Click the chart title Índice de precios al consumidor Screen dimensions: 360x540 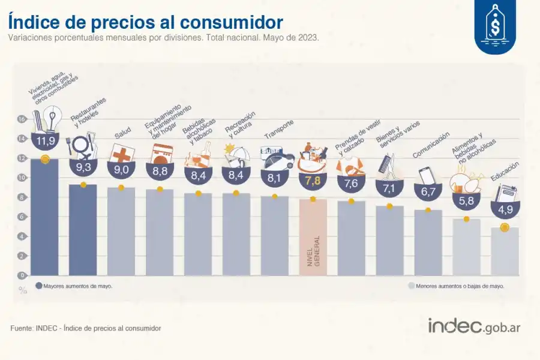[145, 22]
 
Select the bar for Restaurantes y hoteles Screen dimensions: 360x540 [83, 231]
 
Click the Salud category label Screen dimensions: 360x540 [122, 136]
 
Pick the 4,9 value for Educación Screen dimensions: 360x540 [505, 209]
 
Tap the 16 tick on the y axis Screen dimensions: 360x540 [22, 119]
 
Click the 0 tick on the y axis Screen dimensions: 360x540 [22, 275]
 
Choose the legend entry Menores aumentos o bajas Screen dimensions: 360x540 [456, 286]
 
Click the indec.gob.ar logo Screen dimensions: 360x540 [474, 325]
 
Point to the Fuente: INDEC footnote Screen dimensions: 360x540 [86, 328]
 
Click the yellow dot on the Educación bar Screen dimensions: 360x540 [505, 227]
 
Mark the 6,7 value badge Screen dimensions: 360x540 [428, 192]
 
